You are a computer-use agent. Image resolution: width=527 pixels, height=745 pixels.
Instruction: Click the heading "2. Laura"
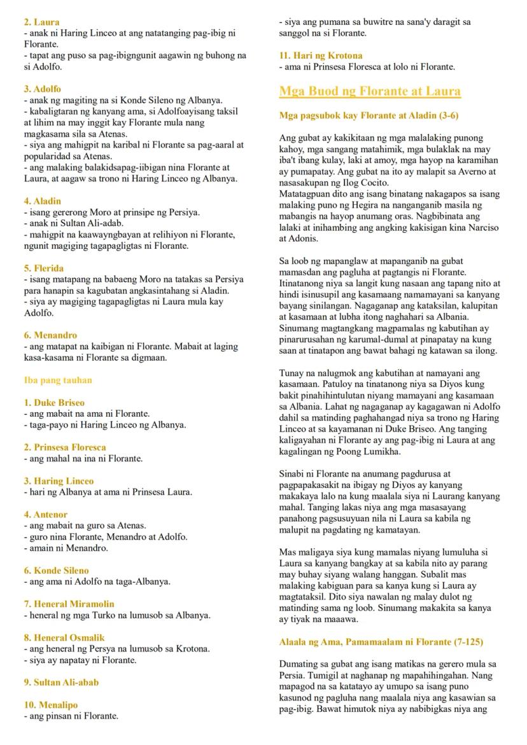(x=42, y=22)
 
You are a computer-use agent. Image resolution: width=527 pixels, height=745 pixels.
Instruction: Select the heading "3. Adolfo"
(x=43, y=89)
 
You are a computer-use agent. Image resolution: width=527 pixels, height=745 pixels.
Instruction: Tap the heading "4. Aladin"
(x=43, y=201)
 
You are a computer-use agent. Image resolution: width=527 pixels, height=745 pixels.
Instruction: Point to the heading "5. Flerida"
(x=44, y=268)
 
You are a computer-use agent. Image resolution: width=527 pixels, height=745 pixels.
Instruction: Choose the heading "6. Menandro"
(x=50, y=335)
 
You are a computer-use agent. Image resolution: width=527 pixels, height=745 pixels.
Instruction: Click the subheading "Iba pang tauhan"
(x=58, y=380)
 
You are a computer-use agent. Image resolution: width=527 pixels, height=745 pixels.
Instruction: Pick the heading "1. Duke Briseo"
(x=54, y=403)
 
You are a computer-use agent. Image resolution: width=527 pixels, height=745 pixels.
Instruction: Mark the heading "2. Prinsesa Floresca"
(x=65, y=447)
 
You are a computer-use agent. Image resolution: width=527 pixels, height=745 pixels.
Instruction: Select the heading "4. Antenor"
(x=46, y=514)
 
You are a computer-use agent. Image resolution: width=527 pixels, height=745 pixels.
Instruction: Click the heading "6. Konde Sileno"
(x=57, y=571)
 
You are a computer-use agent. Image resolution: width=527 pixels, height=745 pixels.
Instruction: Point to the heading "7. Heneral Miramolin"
(x=67, y=604)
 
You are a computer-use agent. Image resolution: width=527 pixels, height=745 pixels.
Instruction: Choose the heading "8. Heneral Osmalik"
(x=64, y=637)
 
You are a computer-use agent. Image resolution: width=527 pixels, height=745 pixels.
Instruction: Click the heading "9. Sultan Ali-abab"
(x=61, y=682)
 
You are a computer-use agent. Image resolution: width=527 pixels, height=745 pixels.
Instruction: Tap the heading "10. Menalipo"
(x=51, y=705)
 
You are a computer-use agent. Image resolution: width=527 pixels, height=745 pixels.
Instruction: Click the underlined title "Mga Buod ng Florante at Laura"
(x=369, y=91)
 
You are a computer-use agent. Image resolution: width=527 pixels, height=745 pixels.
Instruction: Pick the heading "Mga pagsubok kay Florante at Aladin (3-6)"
(x=369, y=116)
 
